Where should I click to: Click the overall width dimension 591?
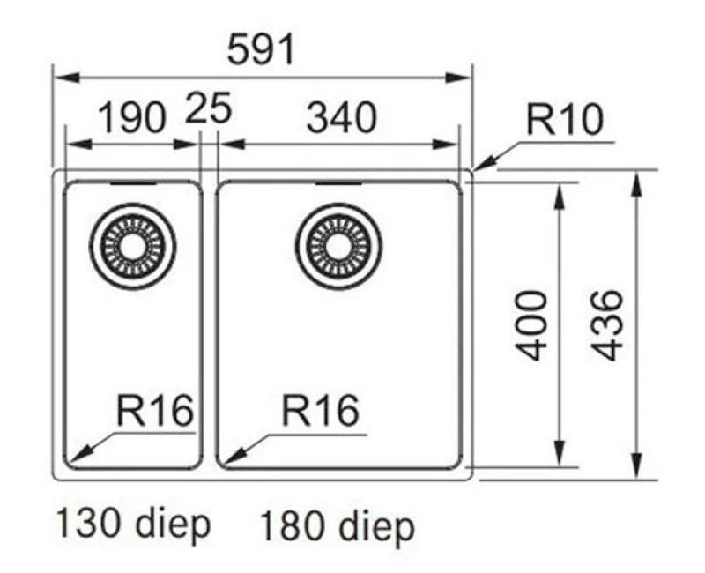pyautogui.click(x=261, y=52)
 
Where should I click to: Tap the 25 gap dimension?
pyautogui.click(x=209, y=111)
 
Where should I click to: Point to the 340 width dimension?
pyautogui.click(x=341, y=117)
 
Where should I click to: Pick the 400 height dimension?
pyautogui.click(x=533, y=325)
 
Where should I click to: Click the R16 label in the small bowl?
pyautogui.click(x=153, y=410)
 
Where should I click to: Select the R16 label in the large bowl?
pyautogui.click(x=319, y=410)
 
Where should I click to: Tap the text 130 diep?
pyautogui.click(x=134, y=525)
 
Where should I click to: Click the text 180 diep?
pyautogui.click(x=336, y=527)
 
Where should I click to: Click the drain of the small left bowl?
pyautogui.click(x=133, y=243)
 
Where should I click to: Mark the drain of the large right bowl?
pyautogui.click(x=337, y=243)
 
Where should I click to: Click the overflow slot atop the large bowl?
pyautogui.click(x=337, y=183)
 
